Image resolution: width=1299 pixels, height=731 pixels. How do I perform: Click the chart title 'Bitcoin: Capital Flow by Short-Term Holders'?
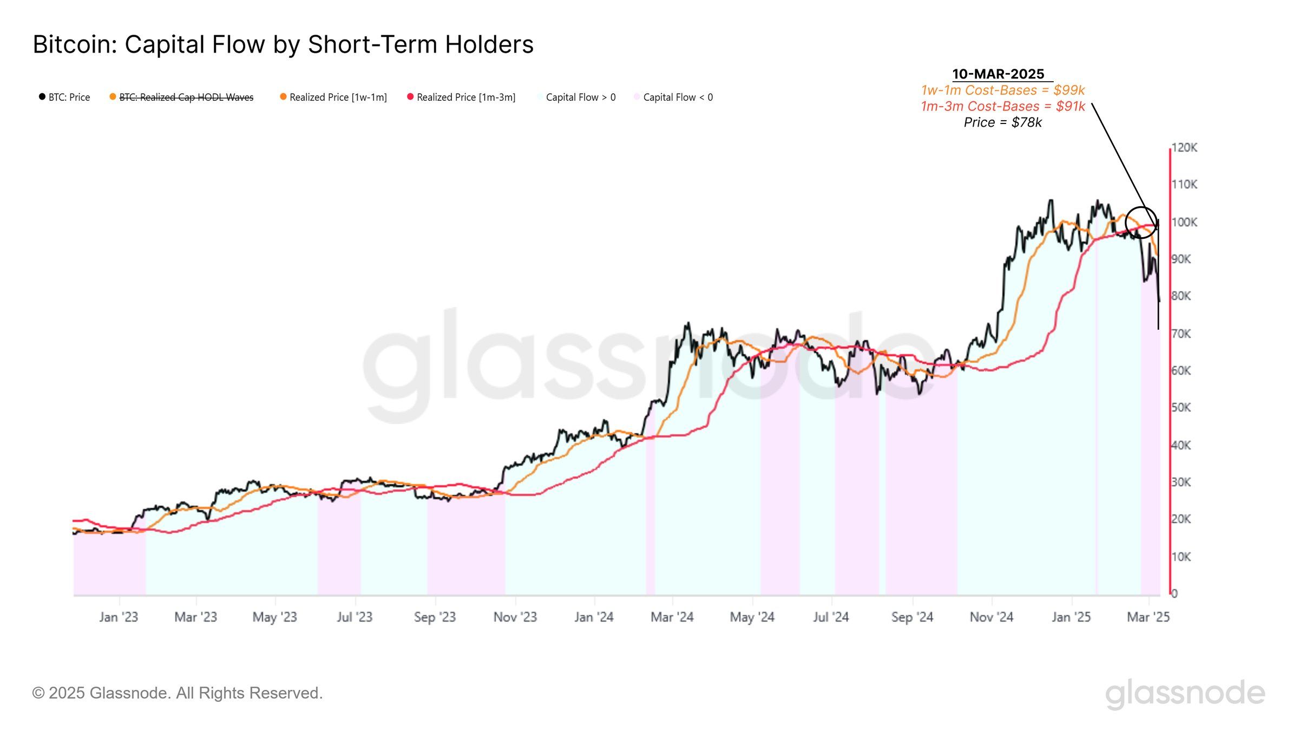click(283, 44)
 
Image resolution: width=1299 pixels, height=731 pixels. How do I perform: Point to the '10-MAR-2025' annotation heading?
click(998, 74)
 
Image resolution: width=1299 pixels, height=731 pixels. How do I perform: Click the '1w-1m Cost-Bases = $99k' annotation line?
click(1003, 90)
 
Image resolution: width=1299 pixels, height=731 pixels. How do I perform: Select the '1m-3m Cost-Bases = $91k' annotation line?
click(1003, 107)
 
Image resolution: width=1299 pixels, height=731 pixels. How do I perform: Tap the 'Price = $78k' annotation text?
click(1002, 123)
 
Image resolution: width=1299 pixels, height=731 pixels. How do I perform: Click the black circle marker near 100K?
click(1141, 223)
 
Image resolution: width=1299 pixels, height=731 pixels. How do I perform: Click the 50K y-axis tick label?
click(1182, 408)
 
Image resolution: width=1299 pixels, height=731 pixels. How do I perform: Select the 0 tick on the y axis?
click(1175, 593)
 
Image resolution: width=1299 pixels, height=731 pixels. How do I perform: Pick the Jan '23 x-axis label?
click(119, 617)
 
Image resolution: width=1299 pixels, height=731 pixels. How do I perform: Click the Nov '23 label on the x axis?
click(515, 617)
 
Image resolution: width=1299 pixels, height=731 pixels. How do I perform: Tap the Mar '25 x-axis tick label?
click(1148, 617)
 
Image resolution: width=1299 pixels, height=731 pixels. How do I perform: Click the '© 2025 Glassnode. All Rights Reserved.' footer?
click(178, 693)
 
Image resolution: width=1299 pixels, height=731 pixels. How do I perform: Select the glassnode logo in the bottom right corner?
click(1185, 694)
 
